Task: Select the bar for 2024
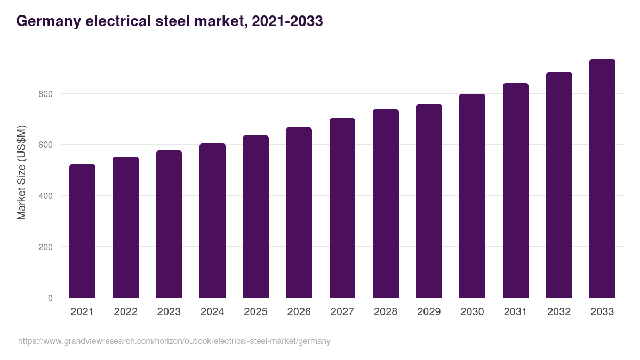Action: click(x=212, y=221)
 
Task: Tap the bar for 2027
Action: click(x=342, y=208)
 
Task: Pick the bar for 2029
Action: click(x=429, y=201)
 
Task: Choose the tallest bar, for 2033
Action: click(x=602, y=179)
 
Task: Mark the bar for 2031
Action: click(x=516, y=190)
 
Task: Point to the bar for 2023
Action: click(x=169, y=224)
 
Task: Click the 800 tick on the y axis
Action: click(x=46, y=94)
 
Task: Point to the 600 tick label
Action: click(x=46, y=145)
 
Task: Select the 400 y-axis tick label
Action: click(x=46, y=196)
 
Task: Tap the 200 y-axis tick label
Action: click(x=46, y=247)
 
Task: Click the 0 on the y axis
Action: click(x=50, y=298)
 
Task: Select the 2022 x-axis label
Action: click(x=125, y=312)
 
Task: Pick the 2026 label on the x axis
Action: click(x=299, y=312)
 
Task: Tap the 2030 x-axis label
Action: click(x=472, y=312)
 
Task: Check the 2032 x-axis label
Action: click(x=559, y=312)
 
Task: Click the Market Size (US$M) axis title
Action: click(x=21, y=172)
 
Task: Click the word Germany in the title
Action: click(x=46, y=21)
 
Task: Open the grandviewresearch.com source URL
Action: click(x=174, y=341)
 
